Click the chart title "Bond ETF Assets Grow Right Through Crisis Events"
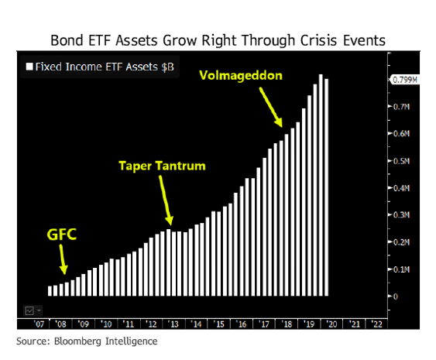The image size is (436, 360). [x=218, y=40]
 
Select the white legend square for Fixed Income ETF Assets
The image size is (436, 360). [x=29, y=67]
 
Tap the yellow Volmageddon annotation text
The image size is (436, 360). [x=241, y=76]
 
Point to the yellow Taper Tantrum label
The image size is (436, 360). [x=162, y=166]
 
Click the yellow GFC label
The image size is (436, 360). [x=61, y=235]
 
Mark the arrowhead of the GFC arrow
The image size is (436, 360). [x=64, y=270]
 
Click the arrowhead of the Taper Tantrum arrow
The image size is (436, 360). [x=170, y=221]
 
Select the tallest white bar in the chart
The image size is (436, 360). [x=321, y=185]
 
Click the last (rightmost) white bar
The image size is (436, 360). [x=327, y=187]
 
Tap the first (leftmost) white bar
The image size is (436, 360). [x=50, y=291]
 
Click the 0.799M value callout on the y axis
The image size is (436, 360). [x=405, y=80]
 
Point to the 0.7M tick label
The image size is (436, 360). [x=401, y=107]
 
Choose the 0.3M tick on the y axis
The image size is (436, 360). [x=401, y=215]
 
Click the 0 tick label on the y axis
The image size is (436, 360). [x=396, y=297]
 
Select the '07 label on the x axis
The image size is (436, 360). [x=39, y=324]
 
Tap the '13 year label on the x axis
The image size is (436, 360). [x=174, y=324]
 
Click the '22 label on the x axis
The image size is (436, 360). [x=377, y=324]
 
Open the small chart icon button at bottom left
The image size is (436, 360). [x=29, y=310]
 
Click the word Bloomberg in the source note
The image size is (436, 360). [x=77, y=341]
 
